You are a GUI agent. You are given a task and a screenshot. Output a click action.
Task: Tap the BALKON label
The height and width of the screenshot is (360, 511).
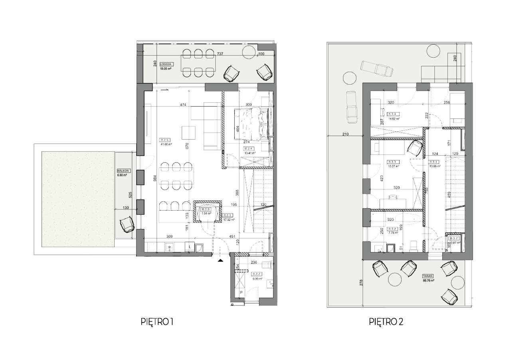[121, 170]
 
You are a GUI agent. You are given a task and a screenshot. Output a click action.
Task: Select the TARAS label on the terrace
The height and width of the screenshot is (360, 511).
[429, 275]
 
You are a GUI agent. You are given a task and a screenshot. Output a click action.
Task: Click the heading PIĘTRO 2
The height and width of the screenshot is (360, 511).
[386, 322]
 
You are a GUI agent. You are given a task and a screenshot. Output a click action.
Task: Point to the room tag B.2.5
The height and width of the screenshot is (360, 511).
[164, 140]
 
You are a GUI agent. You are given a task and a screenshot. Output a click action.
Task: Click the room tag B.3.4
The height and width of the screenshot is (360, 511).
[394, 114]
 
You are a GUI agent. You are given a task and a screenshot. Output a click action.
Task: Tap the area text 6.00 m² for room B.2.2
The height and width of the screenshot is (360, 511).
[256, 279]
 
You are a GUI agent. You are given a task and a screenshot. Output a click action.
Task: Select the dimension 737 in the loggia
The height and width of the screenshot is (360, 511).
[220, 53]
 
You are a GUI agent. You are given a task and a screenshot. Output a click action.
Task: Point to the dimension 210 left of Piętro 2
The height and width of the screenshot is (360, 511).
[346, 134]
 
